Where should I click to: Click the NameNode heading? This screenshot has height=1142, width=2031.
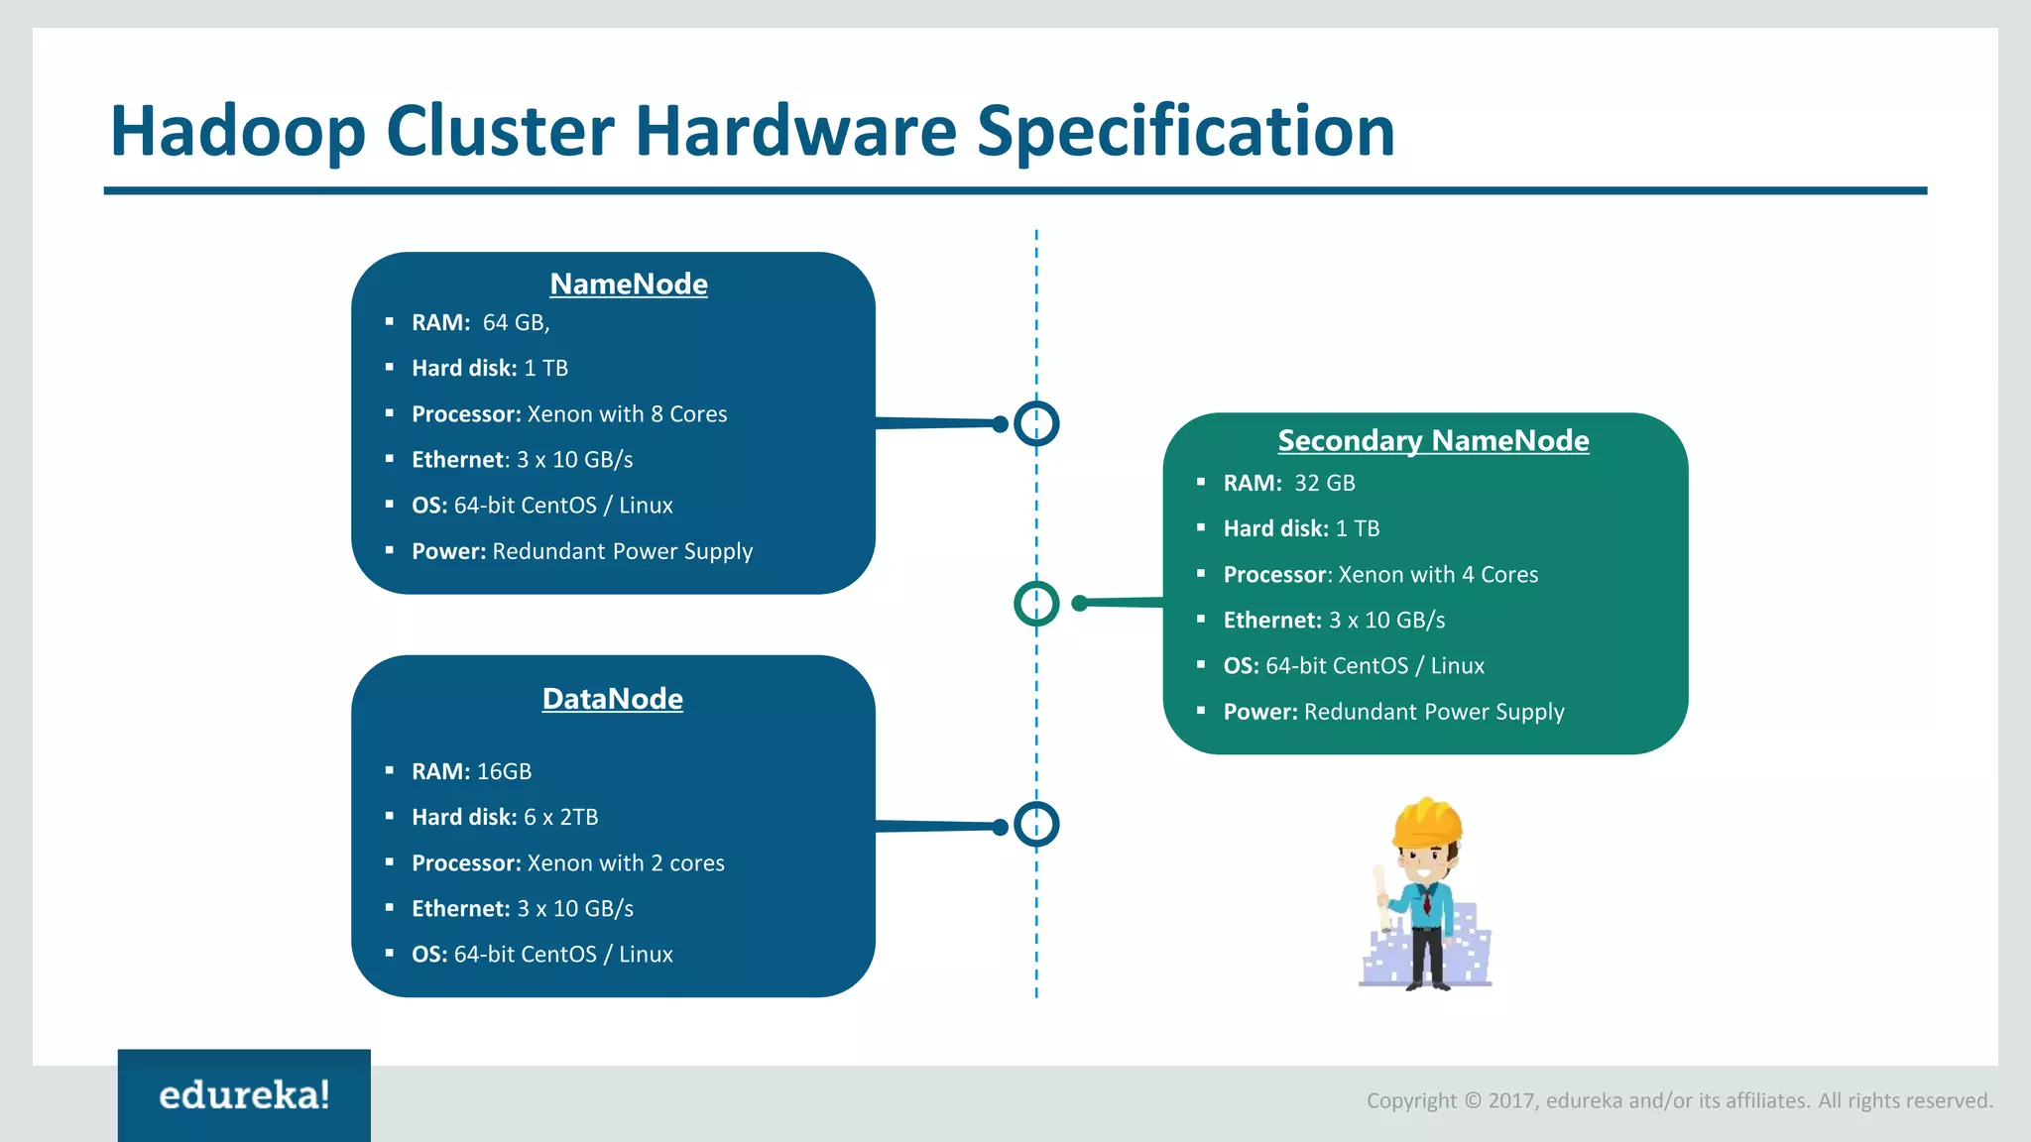tap(629, 285)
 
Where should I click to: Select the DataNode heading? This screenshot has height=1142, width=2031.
tap(612, 699)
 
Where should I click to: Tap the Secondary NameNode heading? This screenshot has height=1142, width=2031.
tap(1433, 440)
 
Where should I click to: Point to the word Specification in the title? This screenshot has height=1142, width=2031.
tap(1186, 131)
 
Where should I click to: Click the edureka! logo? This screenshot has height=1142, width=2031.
tap(244, 1095)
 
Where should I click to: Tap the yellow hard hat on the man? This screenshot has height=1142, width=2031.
tap(1427, 822)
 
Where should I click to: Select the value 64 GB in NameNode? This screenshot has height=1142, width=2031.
tap(515, 323)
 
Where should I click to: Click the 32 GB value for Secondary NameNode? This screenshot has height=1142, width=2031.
tap(1324, 484)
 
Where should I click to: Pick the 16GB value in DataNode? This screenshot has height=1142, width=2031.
tap(504, 772)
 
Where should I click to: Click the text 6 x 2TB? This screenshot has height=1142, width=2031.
tap(560, 818)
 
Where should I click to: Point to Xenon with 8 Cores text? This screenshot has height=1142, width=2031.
tap(627, 414)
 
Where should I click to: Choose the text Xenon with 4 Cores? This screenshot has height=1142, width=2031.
tap(1438, 575)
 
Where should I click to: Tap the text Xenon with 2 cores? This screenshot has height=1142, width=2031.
tap(626, 863)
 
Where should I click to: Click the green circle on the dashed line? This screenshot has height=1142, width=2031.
tap(1036, 604)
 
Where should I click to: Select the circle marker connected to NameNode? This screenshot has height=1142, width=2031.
tap(1036, 423)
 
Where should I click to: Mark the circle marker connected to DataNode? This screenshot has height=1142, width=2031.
tap(1036, 825)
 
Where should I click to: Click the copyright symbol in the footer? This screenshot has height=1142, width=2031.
tap(1473, 1101)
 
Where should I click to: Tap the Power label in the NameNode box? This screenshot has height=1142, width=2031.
tap(448, 552)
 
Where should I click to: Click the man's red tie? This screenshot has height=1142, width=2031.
tap(1426, 901)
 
